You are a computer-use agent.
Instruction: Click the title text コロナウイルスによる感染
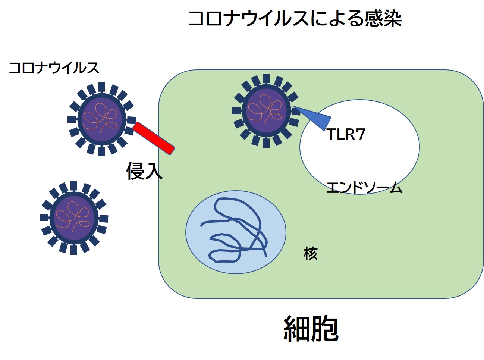(295, 18)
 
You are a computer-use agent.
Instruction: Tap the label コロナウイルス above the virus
(54, 68)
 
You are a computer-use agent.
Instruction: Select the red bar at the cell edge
(154, 138)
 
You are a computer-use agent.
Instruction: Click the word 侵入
(144, 171)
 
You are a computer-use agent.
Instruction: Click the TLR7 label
(346, 134)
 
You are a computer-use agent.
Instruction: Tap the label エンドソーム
(364, 187)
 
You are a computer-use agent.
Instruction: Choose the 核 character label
(311, 254)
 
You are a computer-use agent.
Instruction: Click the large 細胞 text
(311, 329)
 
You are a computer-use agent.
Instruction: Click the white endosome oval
(373, 157)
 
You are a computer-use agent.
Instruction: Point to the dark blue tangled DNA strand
(239, 231)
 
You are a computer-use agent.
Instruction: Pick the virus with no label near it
(74, 218)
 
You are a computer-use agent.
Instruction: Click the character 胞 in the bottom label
(325, 329)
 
